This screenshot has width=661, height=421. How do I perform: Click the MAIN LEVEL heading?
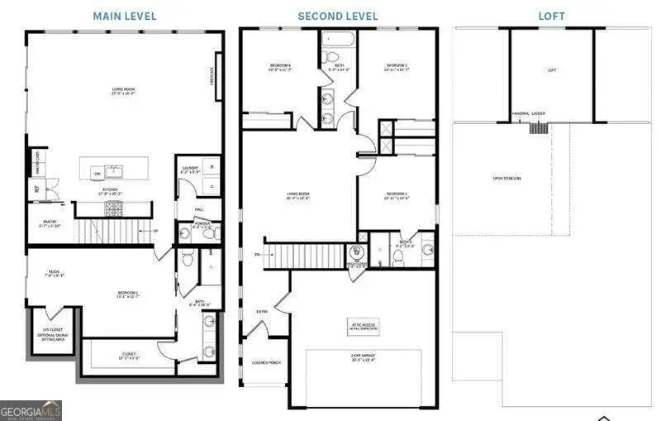click(x=124, y=16)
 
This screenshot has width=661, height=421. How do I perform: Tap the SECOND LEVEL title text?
click(x=339, y=16)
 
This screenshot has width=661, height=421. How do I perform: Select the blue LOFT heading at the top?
click(x=551, y=16)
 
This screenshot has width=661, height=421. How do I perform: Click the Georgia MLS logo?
click(x=31, y=409)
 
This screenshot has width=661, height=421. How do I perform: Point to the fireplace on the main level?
click(x=219, y=76)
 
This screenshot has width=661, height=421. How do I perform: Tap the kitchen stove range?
click(x=112, y=208)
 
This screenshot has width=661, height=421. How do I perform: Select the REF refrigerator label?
click(x=36, y=189)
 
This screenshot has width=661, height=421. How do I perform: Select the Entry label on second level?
click(x=262, y=311)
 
